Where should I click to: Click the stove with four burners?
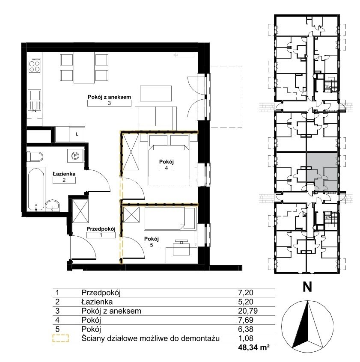coord(34,65)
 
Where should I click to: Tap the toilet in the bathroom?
coord(35,157)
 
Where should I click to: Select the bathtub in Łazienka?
coord(36,189)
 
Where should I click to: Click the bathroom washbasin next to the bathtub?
coord(53,205)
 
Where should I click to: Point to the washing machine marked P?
coord(75,156)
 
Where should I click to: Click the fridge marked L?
coord(77,134)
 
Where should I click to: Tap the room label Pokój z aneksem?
coord(109,97)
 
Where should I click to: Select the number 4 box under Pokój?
coord(167,168)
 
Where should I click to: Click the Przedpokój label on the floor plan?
coord(101,229)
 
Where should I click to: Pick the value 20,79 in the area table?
coord(248,311)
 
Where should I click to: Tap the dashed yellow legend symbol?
coord(60,338)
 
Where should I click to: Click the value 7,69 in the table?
coord(246,320)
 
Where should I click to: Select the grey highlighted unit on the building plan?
coord(322,172)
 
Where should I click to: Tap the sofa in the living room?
coord(156,118)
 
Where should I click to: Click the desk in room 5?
coord(181,255)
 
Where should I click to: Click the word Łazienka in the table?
coord(97,302)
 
